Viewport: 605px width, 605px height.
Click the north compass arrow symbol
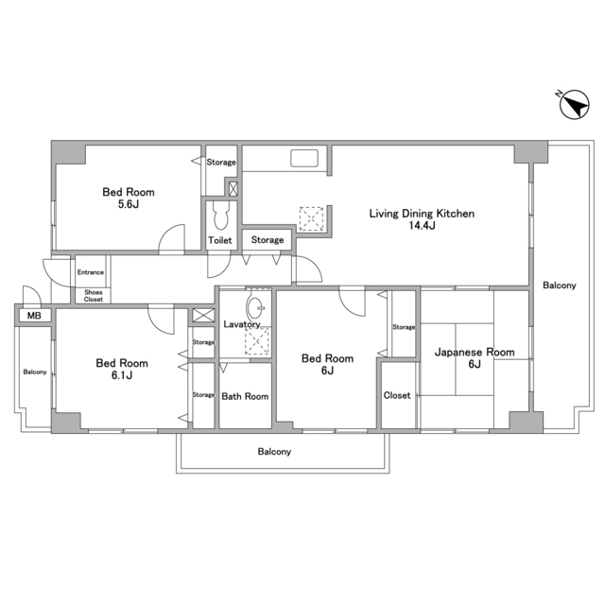point(574,105)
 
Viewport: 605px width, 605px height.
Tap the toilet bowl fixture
point(220,216)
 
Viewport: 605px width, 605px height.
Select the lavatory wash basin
point(255,307)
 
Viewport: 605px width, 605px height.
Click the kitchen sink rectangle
point(304,158)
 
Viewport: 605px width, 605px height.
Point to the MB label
point(34,316)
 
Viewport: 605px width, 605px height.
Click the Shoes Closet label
point(94,296)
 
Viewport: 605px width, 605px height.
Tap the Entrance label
point(91,272)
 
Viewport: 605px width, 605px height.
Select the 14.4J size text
point(422,226)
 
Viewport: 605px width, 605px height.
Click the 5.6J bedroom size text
point(129,204)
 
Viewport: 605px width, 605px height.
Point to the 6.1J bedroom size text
point(122,375)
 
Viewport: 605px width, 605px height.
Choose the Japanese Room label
point(475,352)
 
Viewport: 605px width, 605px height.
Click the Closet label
point(397,395)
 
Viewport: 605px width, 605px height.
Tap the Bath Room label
point(245,396)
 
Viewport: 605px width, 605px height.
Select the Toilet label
point(220,240)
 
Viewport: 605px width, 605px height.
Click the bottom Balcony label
point(274,452)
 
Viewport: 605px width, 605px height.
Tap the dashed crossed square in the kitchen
point(311,219)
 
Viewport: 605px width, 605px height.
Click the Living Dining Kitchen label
point(422,214)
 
